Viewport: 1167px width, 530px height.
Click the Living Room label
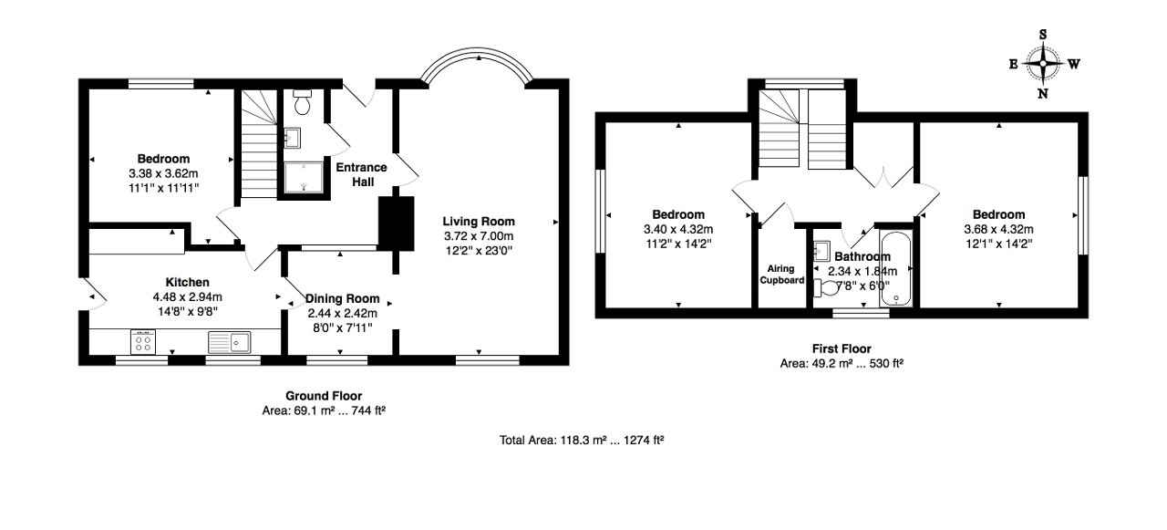point(479,222)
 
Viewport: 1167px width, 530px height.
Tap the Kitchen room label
point(187,282)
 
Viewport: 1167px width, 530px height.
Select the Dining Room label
point(342,298)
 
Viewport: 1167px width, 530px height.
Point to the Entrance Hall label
point(362,174)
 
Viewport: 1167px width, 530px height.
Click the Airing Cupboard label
point(781,275)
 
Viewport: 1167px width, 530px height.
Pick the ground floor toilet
point(302,101)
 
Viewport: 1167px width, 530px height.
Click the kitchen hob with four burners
point(143,342)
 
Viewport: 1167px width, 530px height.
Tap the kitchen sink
point(229,342)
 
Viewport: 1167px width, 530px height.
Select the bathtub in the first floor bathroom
point(896,269)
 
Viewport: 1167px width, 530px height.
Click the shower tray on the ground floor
point(304,177)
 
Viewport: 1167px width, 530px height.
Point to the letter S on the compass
point(1042,35)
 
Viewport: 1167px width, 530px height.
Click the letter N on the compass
point(1042,94)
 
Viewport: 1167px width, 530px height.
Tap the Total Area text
point(582,441)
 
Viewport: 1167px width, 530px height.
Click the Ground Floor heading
point(324,396)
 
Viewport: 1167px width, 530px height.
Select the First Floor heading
point(842,348)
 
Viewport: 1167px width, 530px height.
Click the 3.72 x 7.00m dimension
point(479,236)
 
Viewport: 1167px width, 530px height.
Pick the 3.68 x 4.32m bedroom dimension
point(998,229)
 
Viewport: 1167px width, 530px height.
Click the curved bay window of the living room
point(477,53)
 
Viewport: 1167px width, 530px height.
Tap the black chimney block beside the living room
point(397,223)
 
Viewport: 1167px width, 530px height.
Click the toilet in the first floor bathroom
point(825,287)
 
